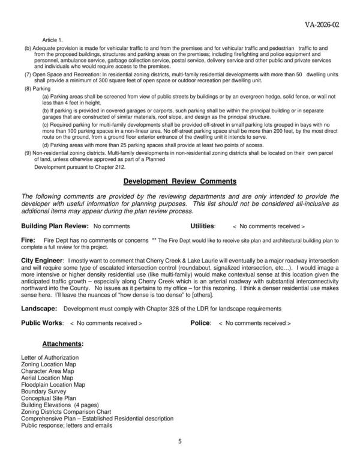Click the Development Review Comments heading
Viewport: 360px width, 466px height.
click(180, 181)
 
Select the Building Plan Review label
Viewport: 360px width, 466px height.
click(55, 226)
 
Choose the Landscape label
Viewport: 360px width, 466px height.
click(39, 308)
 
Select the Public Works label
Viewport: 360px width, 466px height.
click(42, 322)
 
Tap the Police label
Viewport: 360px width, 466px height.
click(200, 322)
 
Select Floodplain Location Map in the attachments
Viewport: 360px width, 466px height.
click(53, 384)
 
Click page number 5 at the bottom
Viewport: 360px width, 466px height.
click(179, 442)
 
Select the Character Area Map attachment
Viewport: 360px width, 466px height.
click(47, 371)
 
